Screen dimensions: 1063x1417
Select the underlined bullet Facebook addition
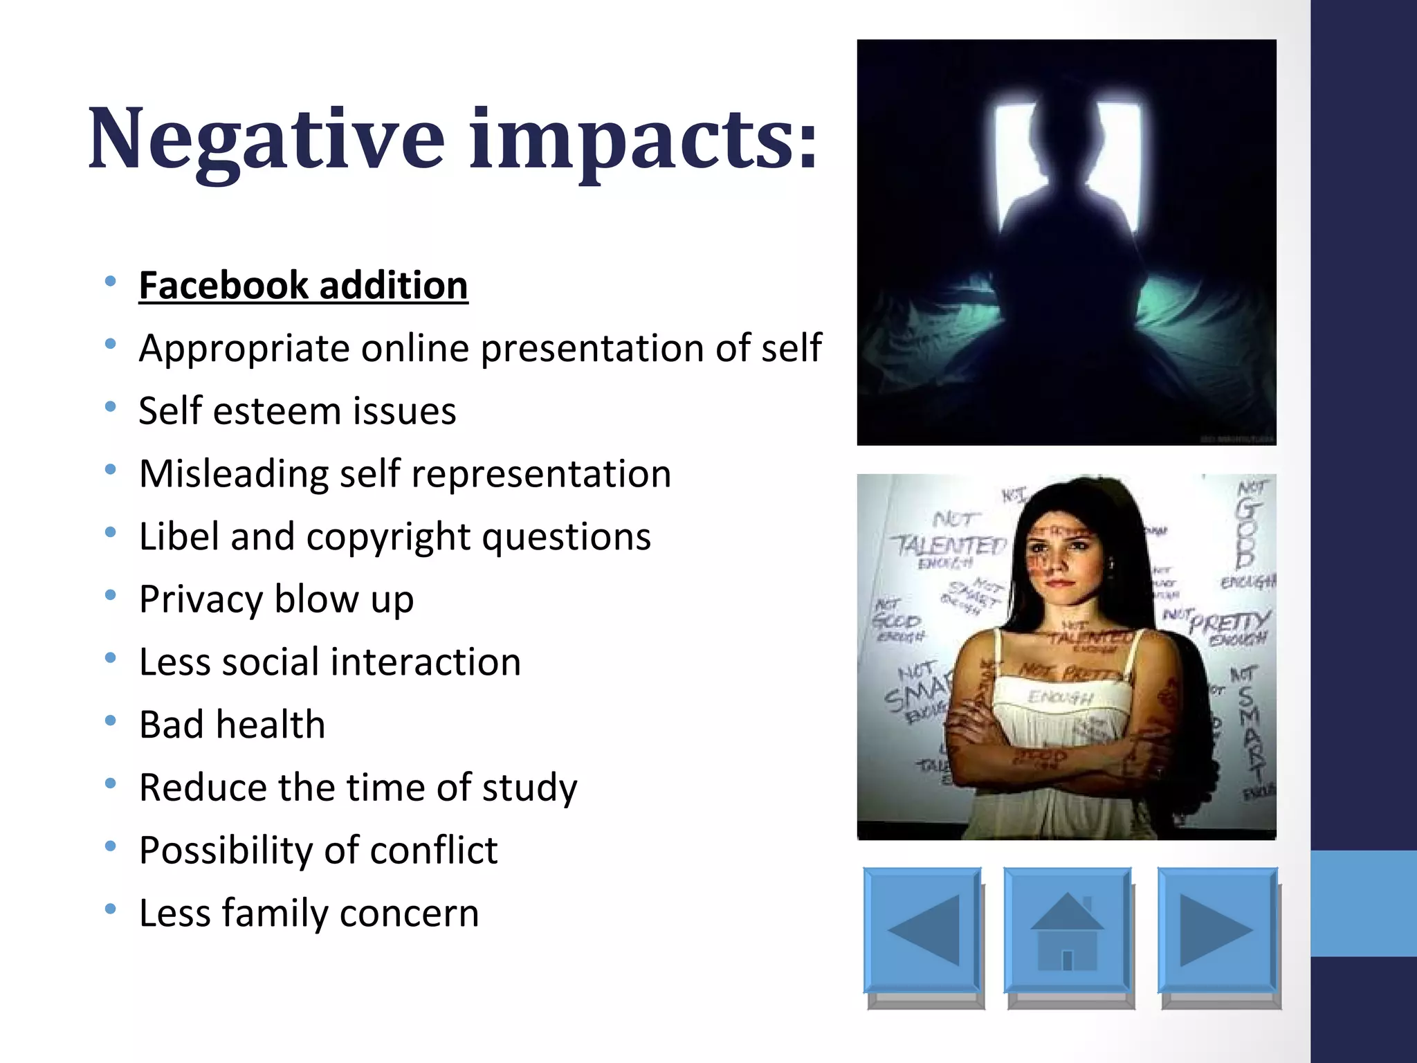[x=303, y=285]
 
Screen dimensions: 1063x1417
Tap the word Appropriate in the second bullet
[x=244, y=348]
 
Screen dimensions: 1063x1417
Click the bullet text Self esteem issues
[x=298, y=411]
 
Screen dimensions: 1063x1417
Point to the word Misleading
[x=233, y=474]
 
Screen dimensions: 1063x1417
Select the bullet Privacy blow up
[x=276, y=599]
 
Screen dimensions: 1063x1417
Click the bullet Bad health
[x=232, y=725]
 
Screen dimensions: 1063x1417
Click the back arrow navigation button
[x=922, y=931]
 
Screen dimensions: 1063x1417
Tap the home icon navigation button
[x=1067, y=931]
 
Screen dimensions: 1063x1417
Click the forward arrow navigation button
[x=1216, y=931]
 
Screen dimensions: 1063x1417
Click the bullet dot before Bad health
[x=111, y=721]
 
